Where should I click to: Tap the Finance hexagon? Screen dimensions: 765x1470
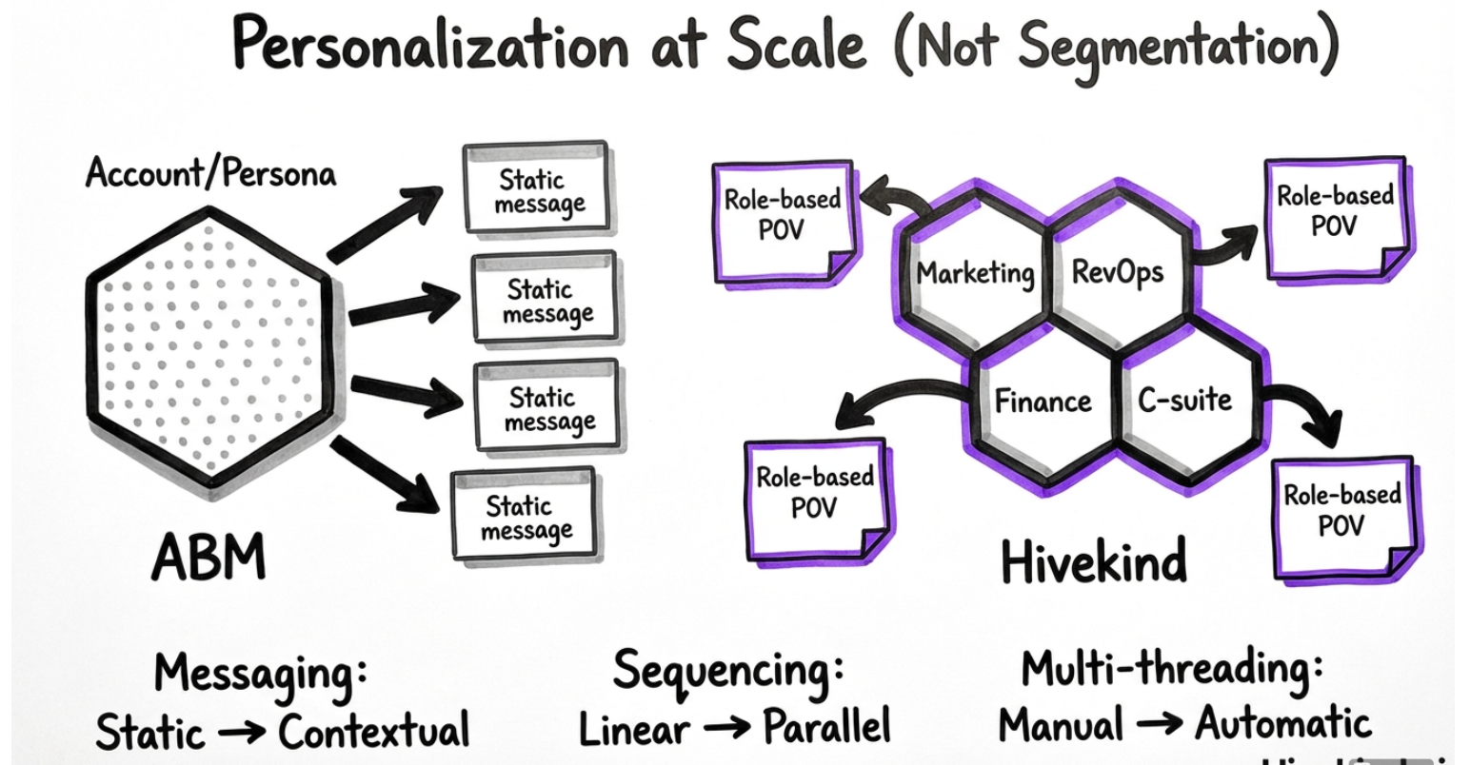coord(1043,400)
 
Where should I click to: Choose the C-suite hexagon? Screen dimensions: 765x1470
coord(1184,400)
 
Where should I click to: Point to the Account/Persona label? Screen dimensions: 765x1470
coord(210,174)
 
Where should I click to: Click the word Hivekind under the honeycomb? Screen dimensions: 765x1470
coord(1093,559)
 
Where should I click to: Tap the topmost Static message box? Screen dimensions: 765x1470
coord(536,188)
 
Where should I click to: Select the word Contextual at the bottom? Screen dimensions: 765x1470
coord(373,731)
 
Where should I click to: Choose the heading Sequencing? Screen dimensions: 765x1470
coord(728,669)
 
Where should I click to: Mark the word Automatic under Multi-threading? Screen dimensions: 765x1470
coord(1283,723)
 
